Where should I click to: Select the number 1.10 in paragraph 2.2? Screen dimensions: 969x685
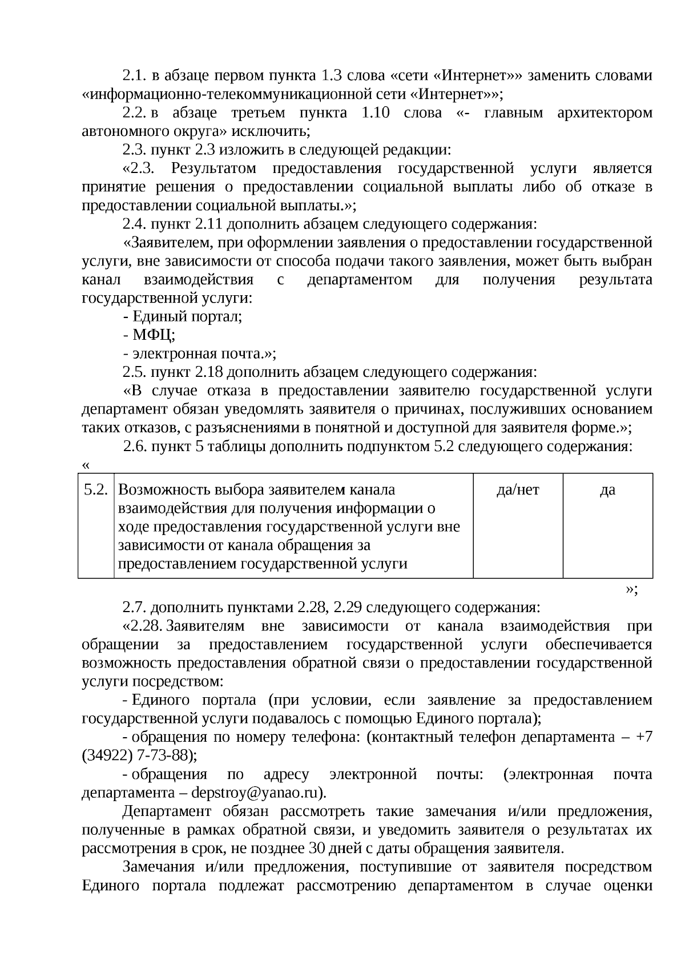pos(376,112)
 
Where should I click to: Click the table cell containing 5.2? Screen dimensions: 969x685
pos(95,490)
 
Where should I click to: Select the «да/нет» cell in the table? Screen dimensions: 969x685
pos(518,490)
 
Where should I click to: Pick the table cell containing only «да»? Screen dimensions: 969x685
pos(607,490)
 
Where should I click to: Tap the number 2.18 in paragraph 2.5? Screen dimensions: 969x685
pos(208,372)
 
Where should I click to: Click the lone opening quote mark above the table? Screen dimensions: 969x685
pos(86,465)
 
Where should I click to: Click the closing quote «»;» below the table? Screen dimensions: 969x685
pos(631,589)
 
